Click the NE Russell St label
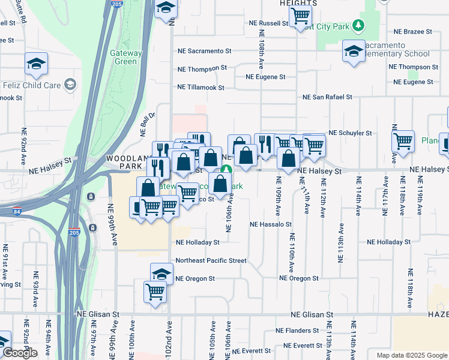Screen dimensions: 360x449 (269, 23)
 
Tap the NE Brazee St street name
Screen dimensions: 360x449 (412, 31)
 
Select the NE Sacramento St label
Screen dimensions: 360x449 (204, 52)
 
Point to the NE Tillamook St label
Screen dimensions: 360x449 (200, 87)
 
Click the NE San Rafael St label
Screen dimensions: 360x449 (327, 97)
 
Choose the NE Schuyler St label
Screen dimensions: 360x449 (349, 133)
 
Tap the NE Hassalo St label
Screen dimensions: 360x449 (270, 224)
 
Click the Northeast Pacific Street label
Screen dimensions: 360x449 (211, 260)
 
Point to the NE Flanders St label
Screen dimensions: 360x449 (297, 331)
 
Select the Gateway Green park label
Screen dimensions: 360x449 (126, 57)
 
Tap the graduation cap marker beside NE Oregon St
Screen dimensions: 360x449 (161, 274)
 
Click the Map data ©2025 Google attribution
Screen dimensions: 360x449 (412, 355)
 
